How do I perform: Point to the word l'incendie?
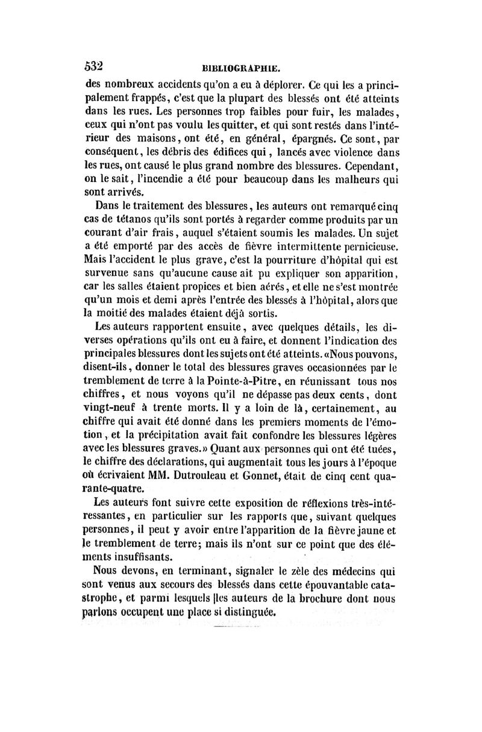coord(156,179)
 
